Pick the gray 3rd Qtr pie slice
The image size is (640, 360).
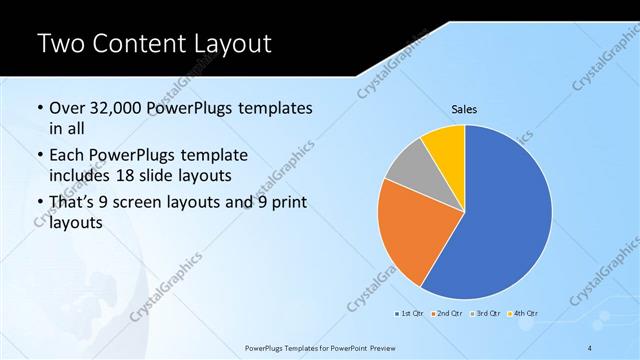point(408,170)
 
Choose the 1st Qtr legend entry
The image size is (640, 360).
point(409,314)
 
